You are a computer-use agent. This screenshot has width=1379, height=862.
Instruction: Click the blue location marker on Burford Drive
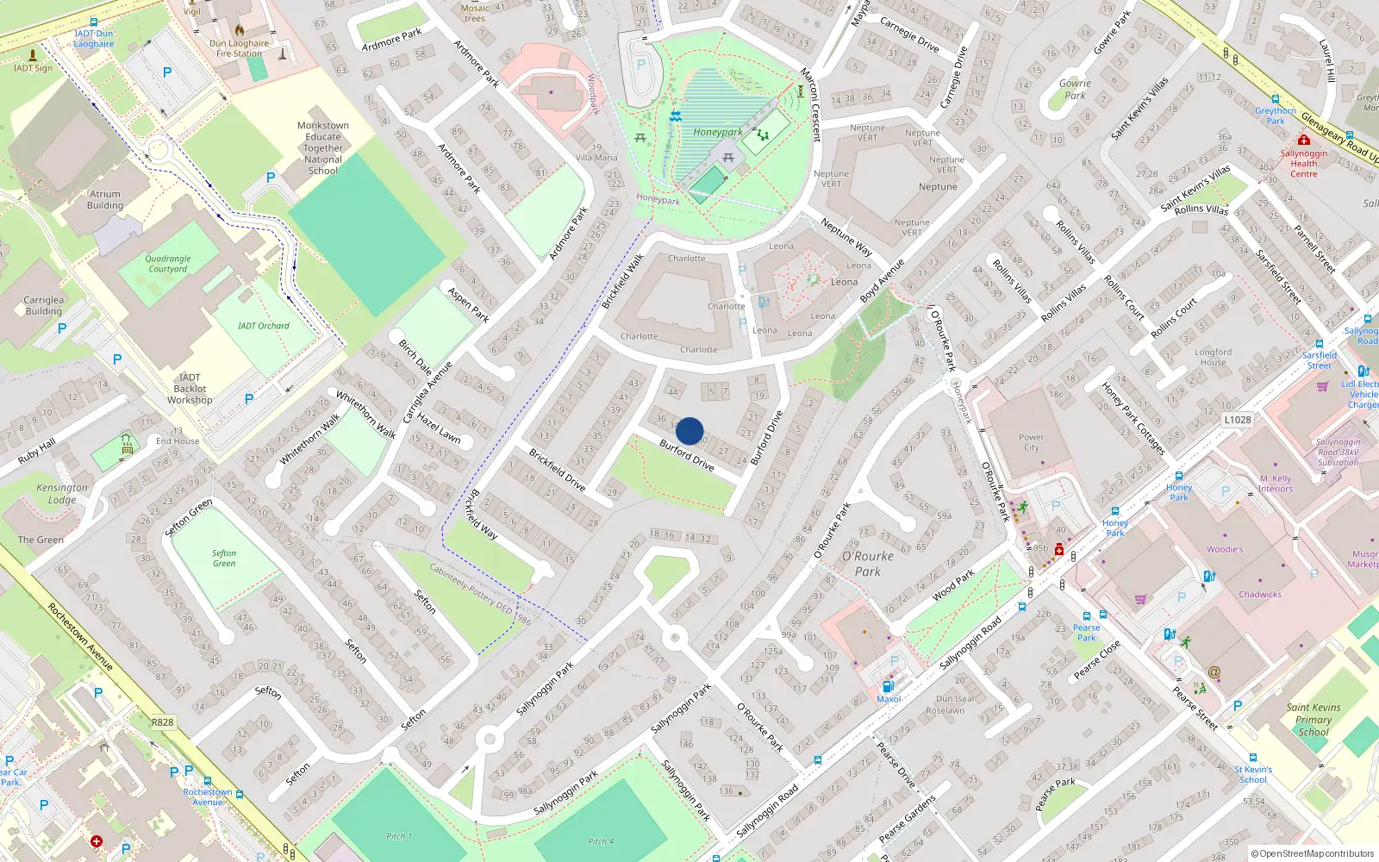(x=689, y=431)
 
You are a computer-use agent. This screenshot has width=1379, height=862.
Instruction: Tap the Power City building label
(x=1031, y=442)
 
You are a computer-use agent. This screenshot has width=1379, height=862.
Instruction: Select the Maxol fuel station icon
(x=888, y=686)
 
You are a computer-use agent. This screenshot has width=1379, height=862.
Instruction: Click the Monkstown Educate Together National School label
(x=323, y=147)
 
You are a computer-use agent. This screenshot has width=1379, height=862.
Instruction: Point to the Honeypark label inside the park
(x=717, y=133)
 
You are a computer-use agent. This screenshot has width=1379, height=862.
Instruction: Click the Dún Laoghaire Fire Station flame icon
(x=240, y=29)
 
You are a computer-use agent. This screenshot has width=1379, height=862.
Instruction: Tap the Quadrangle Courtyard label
(x=168, y=264)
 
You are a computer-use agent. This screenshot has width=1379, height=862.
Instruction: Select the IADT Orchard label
(x=264, y=326)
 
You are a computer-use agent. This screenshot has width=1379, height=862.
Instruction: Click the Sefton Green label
(x=224, y=558)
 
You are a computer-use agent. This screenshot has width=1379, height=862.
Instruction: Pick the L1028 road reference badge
(x=1237, y=420)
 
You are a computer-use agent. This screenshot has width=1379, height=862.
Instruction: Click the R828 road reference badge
(x=162, y=722)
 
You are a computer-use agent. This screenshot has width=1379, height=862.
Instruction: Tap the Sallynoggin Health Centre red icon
(x=1304, y=140)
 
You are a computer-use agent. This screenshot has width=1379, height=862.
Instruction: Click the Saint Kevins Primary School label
(x=1313, y=720)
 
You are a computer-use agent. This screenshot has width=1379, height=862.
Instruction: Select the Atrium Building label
(x=105, y=200)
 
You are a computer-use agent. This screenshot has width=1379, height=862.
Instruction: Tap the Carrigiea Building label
(x=44, y=305)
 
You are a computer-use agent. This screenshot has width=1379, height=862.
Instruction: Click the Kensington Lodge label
(x=62, y=493)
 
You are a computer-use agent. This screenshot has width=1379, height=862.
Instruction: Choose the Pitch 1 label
(x=398, y=836)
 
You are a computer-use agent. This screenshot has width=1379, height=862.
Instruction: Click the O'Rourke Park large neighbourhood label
(x=868, y=564)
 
